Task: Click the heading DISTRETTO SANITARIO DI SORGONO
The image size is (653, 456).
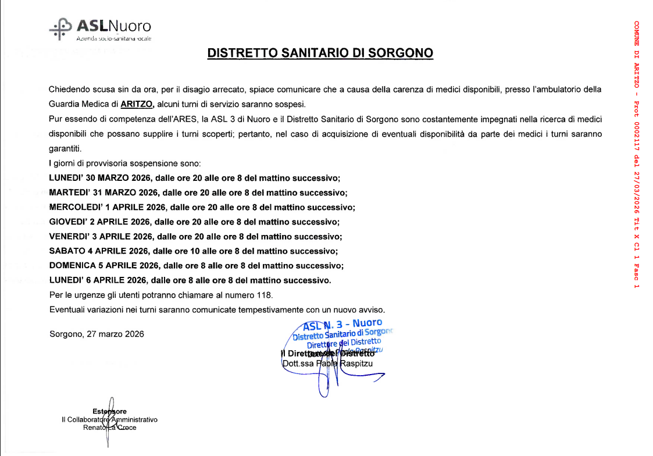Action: (x=320, y=54)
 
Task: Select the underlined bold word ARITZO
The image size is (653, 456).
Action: (x=137, y=105)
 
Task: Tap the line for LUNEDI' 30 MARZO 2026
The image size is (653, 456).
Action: (x=194, y=178)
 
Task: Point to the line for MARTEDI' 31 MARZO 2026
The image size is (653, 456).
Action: (x=198, y=193)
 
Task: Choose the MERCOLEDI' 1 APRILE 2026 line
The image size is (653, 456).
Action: (x=202, y=207)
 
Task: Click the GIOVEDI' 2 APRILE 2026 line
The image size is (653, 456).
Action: (x=194, y=222)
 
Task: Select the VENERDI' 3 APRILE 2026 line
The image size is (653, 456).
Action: (x=195, y=237)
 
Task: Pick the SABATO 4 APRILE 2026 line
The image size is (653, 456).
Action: (x=193, y=251)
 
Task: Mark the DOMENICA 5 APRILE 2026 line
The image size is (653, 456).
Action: (x=197, y=266)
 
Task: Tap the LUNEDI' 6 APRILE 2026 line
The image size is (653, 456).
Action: (x=190, y=280)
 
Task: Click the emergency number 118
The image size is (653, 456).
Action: (x=265, y=295)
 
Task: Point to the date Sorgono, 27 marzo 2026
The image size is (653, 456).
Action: (x=97, y=334)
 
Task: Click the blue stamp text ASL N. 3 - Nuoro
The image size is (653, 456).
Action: (x=343, y=324)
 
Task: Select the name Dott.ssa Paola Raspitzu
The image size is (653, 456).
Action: (x=327, y=364)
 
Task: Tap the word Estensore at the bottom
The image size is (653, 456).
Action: (x=109, y=411)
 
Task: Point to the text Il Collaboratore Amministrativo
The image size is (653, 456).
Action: (x=109, y=419)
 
